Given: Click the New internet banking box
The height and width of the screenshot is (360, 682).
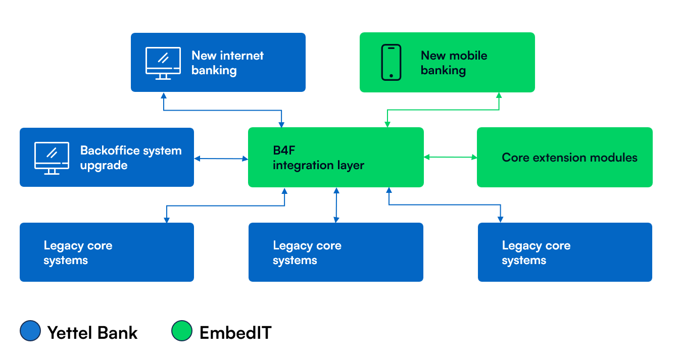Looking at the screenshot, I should point(218,62).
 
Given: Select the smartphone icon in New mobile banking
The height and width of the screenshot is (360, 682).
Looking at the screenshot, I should point(391,63).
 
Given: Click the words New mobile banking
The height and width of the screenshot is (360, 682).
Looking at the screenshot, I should point(454,63).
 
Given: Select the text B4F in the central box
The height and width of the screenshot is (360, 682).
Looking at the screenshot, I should point(282,150).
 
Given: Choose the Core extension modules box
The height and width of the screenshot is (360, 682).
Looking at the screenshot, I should point(564,157).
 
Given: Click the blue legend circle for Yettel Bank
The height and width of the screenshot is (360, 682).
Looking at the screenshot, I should point(30,331).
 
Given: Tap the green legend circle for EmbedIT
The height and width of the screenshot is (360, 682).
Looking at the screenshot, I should point(182,331).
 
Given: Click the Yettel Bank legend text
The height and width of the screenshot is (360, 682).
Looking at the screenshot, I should point(92,333).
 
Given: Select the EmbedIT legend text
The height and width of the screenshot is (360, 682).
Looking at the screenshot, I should point(235,333).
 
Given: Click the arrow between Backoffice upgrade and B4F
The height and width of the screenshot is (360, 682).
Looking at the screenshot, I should point(221,159).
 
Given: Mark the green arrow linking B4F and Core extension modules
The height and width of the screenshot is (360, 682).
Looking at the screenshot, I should point(450,157).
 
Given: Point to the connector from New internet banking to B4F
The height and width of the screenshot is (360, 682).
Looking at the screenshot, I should point(222,110).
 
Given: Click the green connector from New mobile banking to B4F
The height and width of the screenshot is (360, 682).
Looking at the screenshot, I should point(443,110).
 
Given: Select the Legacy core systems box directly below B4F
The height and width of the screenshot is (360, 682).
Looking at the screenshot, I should point(335,252).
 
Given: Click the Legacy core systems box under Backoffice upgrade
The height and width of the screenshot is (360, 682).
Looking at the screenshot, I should point(107,252).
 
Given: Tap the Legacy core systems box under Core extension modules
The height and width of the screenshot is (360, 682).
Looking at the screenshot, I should point(565,252).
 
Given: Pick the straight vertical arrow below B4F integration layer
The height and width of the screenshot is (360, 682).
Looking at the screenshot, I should point(336,205).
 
